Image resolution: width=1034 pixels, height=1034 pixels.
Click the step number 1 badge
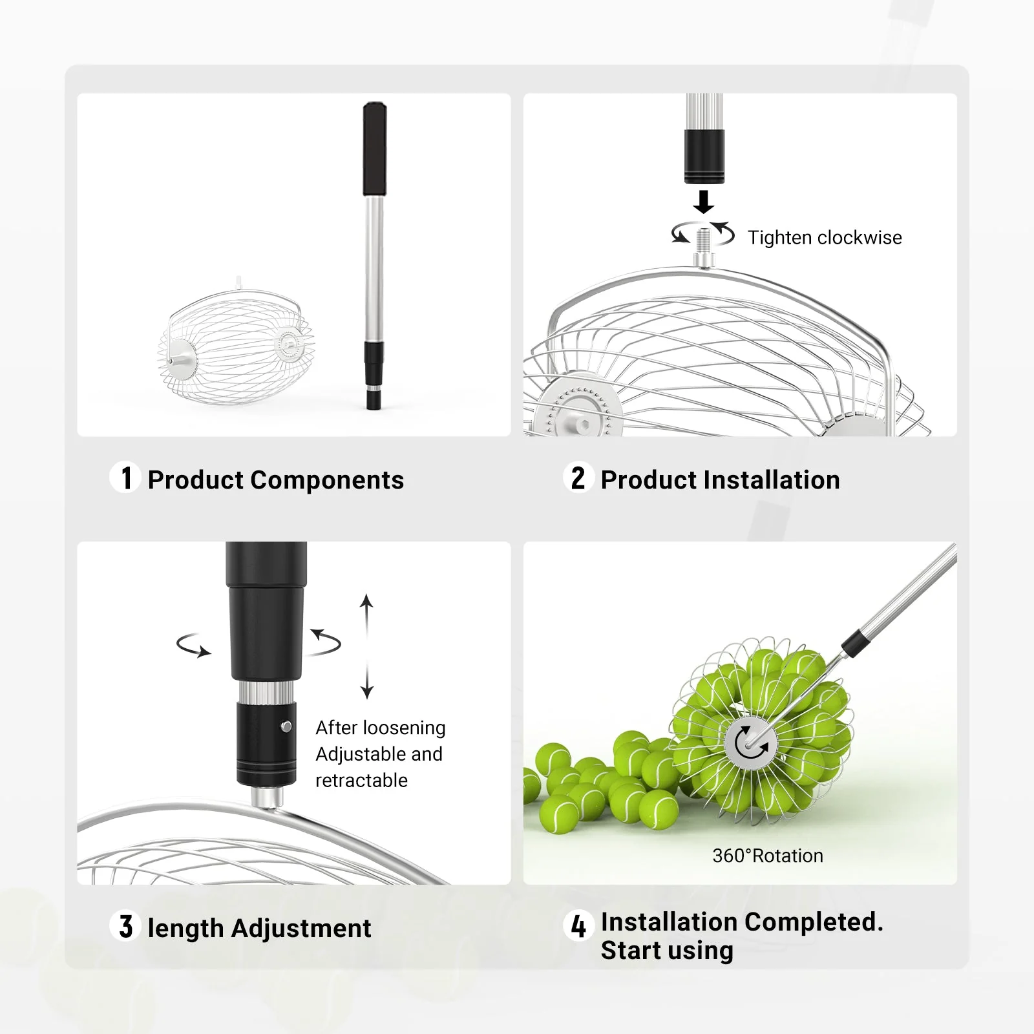pos(125,478)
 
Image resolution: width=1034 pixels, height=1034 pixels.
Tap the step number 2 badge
pos(578,478)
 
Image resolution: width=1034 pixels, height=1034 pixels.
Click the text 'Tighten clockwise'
pos(825,238)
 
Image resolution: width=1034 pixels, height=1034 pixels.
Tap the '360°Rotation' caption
pos(768,856)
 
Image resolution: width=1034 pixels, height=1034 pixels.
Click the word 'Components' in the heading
pos(327,480)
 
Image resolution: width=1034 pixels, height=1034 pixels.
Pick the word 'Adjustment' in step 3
pos(301,929)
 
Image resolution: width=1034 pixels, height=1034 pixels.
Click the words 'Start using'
pos(667,951)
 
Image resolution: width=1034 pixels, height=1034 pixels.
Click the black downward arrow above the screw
pos(704,202)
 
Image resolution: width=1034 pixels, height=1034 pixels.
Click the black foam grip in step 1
pos(375,149)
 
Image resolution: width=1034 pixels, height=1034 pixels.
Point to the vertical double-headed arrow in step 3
pos(367,646)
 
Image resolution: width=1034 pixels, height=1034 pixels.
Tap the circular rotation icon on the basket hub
pos(749,743)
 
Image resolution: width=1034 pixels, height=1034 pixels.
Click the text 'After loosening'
pos(381,728)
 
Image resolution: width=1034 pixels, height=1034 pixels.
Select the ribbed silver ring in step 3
pos(267,692)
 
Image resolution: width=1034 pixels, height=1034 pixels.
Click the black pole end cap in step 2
pos(704,156)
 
